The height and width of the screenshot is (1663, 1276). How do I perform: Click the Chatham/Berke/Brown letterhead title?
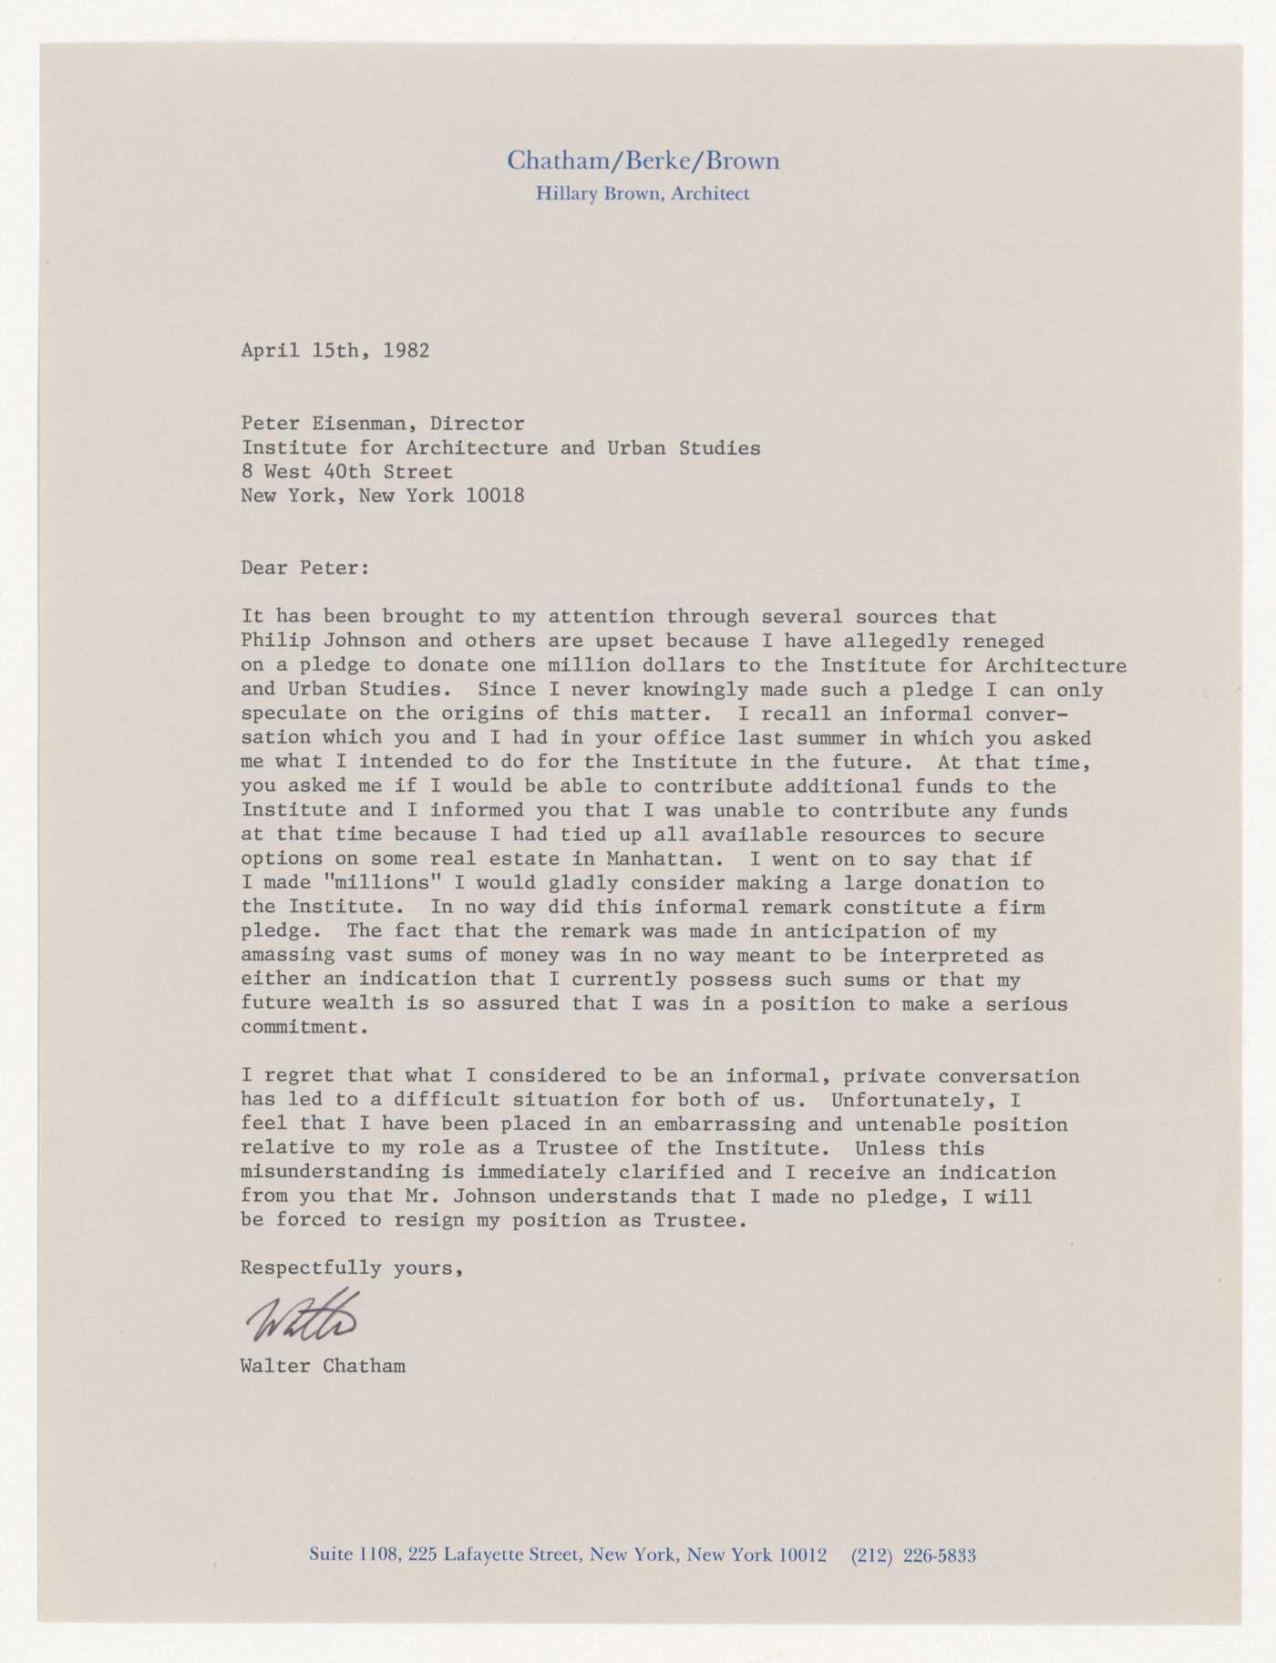pos(643,162)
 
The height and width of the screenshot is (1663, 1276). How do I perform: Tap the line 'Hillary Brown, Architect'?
pos(643,193)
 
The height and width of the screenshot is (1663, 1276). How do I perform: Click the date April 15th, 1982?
pos(334,351)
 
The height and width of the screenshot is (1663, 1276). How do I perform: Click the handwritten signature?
pos(301,1317)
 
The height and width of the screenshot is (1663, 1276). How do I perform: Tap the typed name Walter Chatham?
pos(323,1366)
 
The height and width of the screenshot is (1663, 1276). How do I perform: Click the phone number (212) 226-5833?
pos(912,1555)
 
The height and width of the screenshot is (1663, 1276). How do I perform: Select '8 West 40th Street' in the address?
pos(346,472)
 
